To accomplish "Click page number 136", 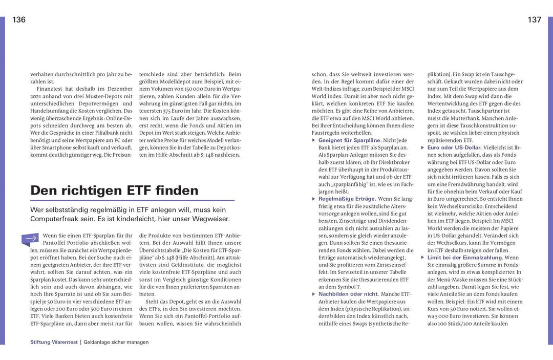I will point(19,20).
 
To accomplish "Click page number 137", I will point(534,20).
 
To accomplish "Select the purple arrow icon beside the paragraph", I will point(31,238).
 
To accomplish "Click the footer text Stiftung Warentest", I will point(53,342).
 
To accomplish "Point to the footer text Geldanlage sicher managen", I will point(116,342).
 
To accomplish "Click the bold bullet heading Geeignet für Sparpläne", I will point(350,140).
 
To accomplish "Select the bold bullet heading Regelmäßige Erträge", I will point(347,198).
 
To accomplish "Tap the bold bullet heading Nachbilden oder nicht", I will point(349,294).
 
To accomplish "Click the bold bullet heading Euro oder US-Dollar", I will point(454,147).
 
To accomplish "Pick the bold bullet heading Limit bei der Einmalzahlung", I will point(465,258).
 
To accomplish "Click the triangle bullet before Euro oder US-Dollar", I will point(423,147).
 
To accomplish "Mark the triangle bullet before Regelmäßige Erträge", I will point(314,198).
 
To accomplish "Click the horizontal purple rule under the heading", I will point(132,200).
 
